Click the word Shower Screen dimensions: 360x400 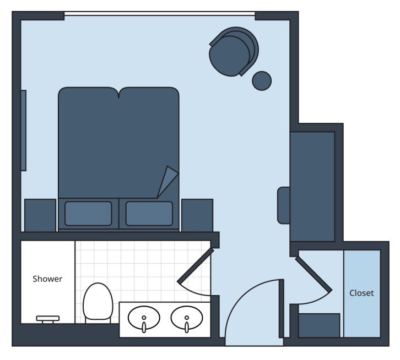tap(47, 279)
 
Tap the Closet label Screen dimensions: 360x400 tap(361, 293)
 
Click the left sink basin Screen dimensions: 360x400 tap(144, 318)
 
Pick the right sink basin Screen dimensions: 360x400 tap(186, 318)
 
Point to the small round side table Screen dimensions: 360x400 tap(262, 80)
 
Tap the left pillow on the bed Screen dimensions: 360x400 tap(88, 213)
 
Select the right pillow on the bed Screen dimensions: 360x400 tap(149, 213)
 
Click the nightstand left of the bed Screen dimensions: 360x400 tap(40, 215)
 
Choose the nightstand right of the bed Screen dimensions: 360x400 tap(197, 215)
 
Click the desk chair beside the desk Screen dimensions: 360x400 tap(283, 205)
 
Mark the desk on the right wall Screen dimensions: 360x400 tap(312, 186)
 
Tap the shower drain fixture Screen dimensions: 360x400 tap(47, 318)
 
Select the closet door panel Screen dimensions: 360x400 tap(313, 274)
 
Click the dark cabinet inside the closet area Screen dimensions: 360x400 tap(319, 325)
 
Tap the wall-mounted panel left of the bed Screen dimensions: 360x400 tap(24, 130)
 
